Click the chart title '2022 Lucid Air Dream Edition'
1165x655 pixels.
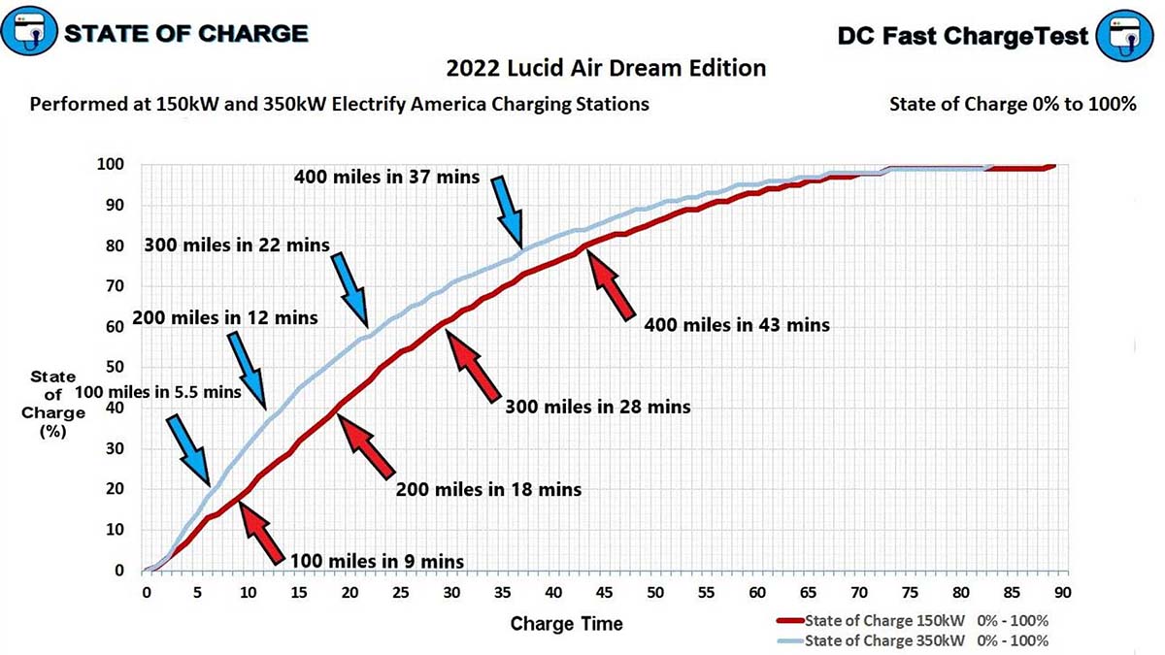606,68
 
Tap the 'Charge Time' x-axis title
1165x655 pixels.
567,623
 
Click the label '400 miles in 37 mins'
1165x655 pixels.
386,177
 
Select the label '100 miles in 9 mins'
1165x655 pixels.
377,561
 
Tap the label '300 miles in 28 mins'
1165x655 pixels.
597,407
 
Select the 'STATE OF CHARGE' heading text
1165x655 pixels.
184,34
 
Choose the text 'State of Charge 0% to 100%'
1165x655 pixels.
1012,104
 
